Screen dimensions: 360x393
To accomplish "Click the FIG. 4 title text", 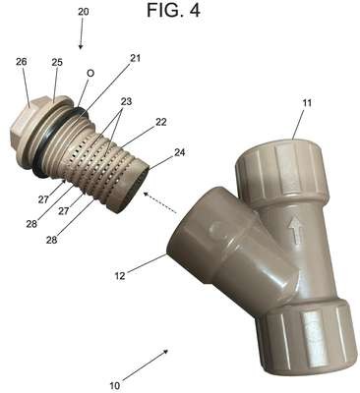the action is tap(173, 10).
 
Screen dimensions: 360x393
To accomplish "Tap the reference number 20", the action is tap(84, 12).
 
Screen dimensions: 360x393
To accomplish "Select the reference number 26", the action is tap(22, 62).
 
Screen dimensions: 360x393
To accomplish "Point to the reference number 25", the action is tap(57, 62).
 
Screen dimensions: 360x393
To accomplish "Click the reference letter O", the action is tap(90, 74).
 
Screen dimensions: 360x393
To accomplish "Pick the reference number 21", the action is tap(135, 58).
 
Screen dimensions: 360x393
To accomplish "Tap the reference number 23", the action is tap(126, 101).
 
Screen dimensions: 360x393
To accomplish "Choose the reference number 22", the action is tap(160, 122).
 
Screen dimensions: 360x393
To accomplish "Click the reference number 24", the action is tap(179, 152).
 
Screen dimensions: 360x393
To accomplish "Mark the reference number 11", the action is tap(307, 103).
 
